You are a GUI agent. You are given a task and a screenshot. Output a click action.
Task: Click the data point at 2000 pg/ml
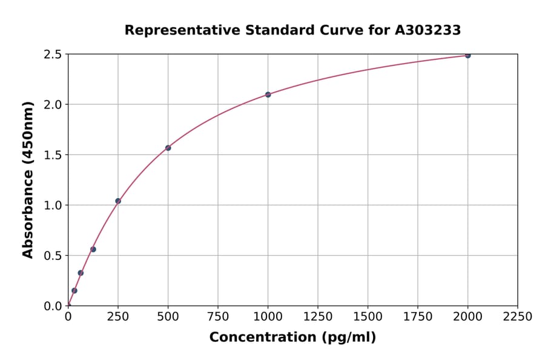click(467, 55)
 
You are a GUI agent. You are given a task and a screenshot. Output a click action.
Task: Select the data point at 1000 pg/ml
click(268, 95)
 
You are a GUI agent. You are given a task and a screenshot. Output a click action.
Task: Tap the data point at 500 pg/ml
click(168, 148)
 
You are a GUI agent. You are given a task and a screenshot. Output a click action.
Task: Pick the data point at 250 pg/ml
click(118, 201)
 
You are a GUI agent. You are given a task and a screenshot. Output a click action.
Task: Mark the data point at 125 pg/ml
click(93, 249)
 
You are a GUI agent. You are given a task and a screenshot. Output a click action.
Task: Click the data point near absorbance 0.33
click(81, 273)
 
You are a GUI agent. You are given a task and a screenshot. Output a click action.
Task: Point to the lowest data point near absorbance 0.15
click(74, 290)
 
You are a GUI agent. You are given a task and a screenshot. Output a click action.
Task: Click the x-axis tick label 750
click(218, 317)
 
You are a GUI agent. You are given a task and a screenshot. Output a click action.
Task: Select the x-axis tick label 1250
click(318, 317)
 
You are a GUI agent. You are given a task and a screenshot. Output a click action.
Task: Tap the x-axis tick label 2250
click(518, 317)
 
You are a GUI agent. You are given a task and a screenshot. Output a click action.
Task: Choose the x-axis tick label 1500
click(368, 317)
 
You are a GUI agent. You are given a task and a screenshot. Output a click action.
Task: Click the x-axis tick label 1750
click(418, 317)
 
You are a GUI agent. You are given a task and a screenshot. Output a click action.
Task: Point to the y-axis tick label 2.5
click(53, 55)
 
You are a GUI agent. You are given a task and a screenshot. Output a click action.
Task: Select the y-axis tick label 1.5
click(53, 155)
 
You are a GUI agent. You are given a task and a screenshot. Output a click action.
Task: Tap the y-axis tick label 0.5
click(53, 256)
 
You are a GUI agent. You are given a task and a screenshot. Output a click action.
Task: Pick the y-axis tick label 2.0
click(53, 105)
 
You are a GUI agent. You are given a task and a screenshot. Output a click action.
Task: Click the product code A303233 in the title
click(428, 30)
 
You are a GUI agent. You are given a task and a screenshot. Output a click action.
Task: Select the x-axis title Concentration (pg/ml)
click(292, 338)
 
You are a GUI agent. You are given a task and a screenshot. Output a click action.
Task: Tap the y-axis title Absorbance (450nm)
click(28, 180)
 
